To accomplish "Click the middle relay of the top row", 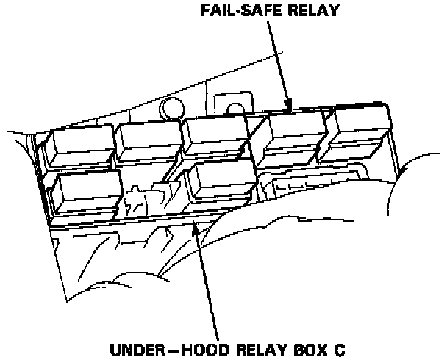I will coord(217,137).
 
